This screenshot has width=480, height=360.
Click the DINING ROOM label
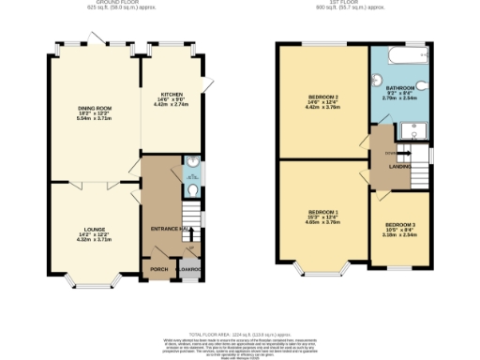(95, 108)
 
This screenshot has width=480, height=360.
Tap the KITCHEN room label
(172, 95)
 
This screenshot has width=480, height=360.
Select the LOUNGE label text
(93, 228)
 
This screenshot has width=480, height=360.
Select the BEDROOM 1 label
(322, 214)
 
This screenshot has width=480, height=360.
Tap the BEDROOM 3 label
(399, 225)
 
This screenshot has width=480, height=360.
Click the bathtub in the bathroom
(400, 54)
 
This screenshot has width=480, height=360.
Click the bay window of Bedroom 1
(322, 270)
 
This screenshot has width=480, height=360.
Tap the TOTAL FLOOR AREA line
(240, 334)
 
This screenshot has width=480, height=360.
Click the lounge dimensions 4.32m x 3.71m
(93, 240)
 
